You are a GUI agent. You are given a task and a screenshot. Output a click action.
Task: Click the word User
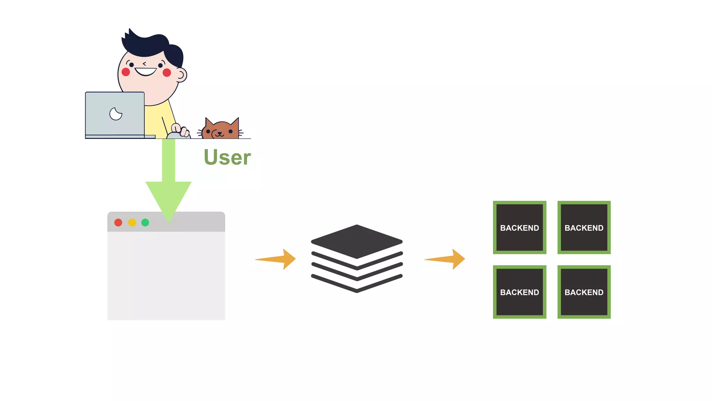227,157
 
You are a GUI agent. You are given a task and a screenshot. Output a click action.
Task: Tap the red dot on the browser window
118,222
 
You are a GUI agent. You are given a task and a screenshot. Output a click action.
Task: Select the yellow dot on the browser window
132,222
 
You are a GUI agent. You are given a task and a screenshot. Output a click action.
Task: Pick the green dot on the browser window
145,222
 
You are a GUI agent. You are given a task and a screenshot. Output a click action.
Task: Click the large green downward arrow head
168,198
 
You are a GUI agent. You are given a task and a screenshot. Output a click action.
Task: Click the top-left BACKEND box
519,227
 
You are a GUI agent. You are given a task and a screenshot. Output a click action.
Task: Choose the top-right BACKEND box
584,227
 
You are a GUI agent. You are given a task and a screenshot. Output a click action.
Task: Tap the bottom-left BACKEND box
519,292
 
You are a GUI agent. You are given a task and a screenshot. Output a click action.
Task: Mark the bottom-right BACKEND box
584,292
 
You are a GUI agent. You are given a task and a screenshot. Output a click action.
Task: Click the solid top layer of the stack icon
357,241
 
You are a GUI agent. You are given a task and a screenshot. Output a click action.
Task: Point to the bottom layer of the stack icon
357,285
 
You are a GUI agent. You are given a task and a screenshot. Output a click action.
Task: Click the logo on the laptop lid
116,114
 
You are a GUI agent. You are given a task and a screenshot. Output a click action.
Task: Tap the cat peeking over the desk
221,130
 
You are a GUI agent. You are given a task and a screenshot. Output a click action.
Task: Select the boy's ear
181,74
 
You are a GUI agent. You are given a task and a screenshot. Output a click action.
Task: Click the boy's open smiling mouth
146,72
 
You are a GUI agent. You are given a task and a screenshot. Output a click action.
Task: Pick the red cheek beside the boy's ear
167,72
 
